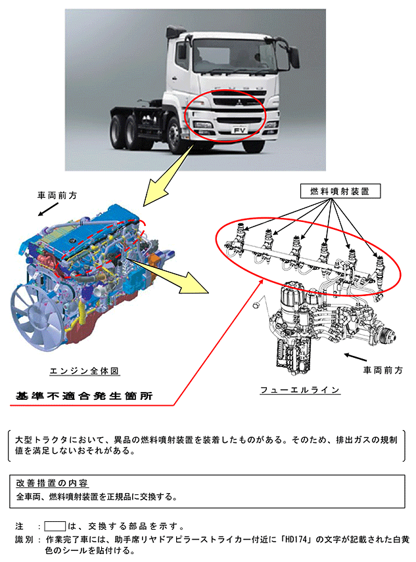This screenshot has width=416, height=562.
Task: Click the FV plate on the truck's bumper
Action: pos(239,130)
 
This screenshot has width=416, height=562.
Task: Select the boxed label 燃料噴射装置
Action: pos(340,192)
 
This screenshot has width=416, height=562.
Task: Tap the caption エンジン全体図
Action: pos(84,371)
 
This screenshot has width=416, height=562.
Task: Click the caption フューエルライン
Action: pos(300,390)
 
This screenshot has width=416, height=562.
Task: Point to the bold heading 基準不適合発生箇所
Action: pos(84,396)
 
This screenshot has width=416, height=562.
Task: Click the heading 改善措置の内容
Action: pos(52,483)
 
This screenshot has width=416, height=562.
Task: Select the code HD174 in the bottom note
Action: pos(296,540)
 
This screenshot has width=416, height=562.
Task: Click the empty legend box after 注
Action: pos(55,526)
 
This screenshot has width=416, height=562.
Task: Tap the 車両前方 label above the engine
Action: pos(57,196)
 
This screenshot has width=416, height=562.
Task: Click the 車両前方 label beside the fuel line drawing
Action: pos(382,370)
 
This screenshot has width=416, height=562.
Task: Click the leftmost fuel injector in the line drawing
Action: pos(241,235)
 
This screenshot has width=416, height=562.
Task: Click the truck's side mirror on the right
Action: pos(294,57)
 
